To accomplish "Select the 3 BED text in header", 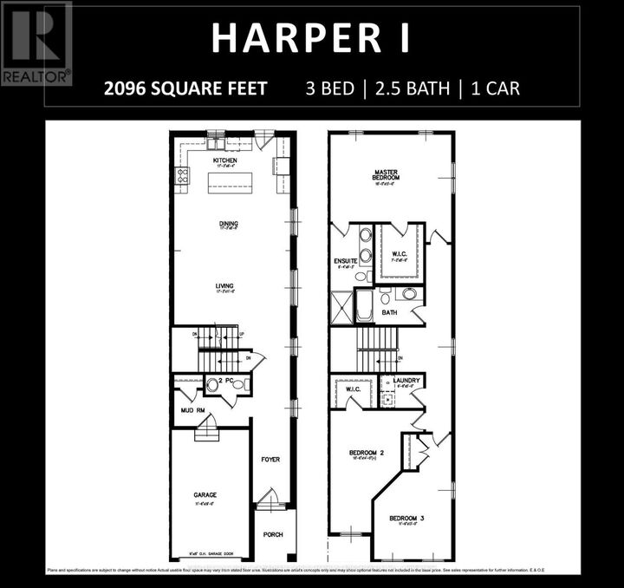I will [x=334, y=88].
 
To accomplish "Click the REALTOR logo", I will [x=36, y=43].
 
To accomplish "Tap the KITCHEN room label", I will [x=225, y=161].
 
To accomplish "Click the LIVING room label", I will [x=225, y=285].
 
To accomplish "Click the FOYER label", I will [x=271, y=459].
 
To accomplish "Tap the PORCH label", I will [x=273, y=535].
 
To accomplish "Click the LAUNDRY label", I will [x=406, y=381].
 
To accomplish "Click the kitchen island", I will [x=228, y=182].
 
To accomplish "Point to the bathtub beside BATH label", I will [x=365, y=305].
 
